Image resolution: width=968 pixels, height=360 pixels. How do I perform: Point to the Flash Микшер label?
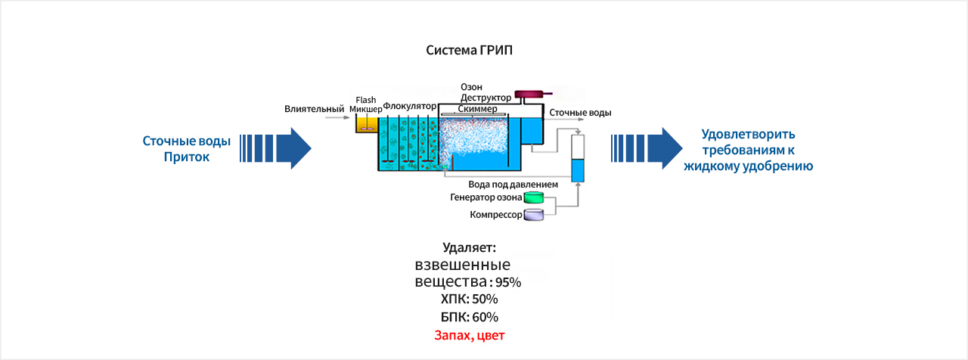(x=366, y=104)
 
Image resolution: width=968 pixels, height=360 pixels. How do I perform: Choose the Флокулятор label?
(x=411, y=106)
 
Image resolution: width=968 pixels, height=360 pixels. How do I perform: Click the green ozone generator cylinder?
(x=535, y=198)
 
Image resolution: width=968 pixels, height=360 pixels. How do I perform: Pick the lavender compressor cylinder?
(x=535, y=216)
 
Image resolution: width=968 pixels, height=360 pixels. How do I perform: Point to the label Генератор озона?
(x=486, y=198)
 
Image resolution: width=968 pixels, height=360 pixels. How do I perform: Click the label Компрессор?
(x=495, y=216)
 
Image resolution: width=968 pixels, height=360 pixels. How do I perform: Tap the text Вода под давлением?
(x=513, y=184)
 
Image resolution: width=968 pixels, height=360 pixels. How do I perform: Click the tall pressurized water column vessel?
(x=578, y=159)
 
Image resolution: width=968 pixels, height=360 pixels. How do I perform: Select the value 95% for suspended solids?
(x=508, y=283)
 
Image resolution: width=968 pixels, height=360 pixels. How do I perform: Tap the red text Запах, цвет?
(x=469, y=335)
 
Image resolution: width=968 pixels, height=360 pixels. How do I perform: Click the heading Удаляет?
(x=469, y=247)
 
